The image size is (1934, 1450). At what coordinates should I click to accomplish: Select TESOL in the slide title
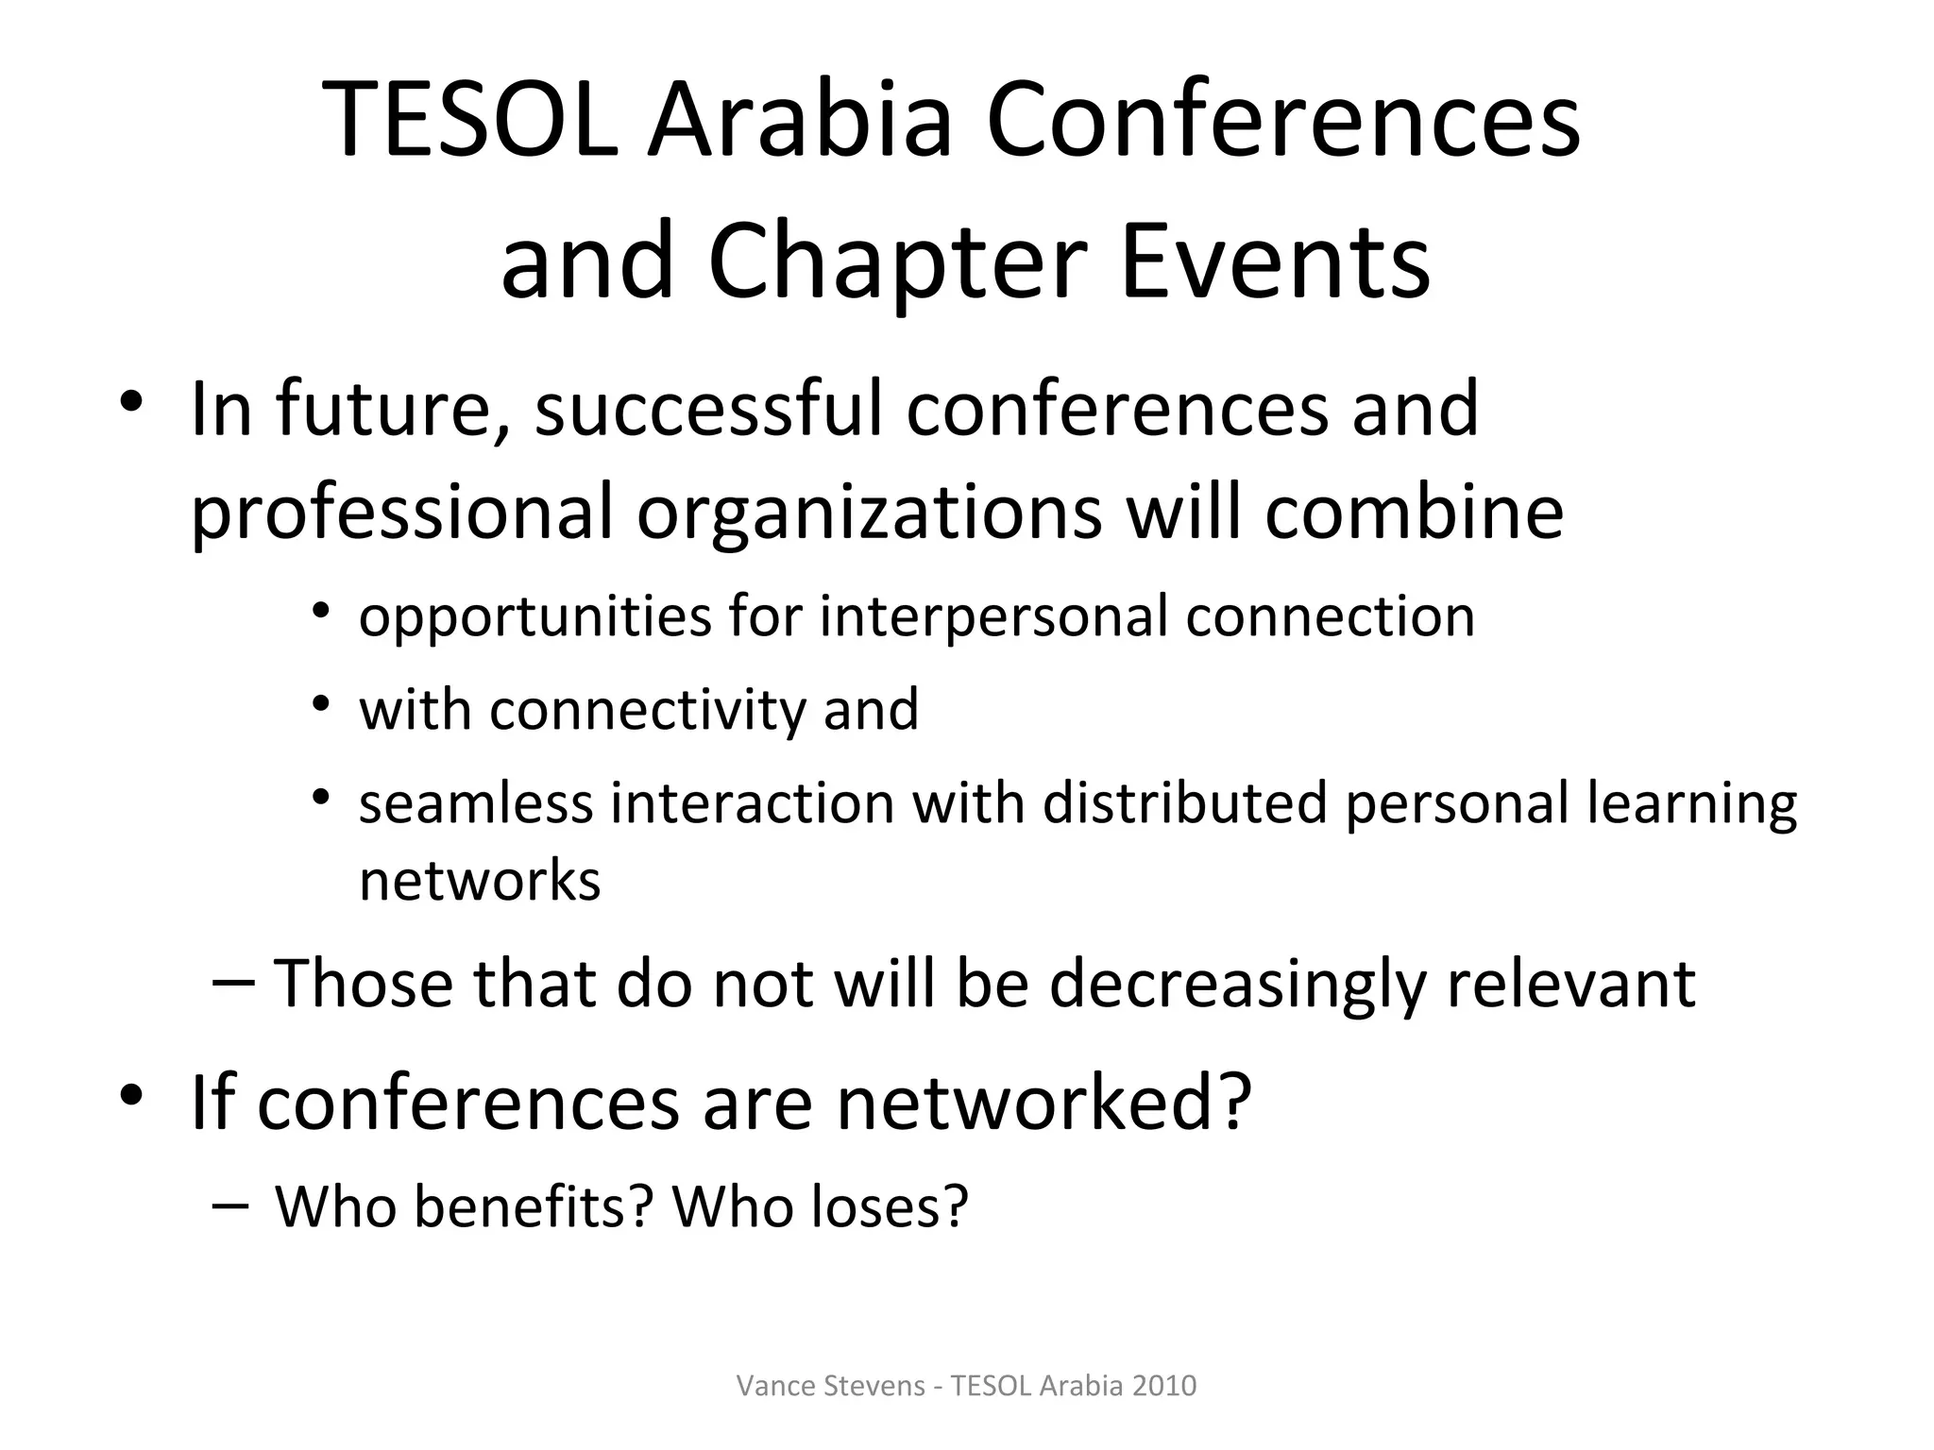[469, 122]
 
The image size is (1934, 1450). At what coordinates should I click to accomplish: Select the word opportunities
[534, 618]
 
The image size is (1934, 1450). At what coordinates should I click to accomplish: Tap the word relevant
[1570, 984]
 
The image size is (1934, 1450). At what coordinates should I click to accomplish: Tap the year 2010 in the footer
[1163, 1386]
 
